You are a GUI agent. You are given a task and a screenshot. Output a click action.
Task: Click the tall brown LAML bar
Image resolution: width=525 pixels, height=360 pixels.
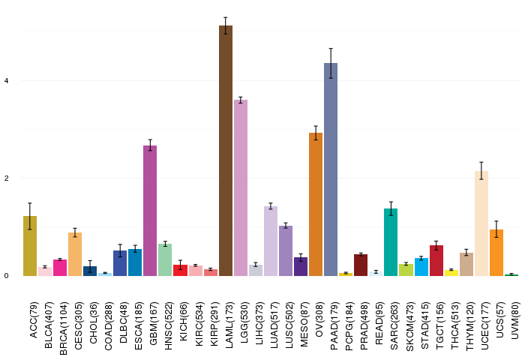226,151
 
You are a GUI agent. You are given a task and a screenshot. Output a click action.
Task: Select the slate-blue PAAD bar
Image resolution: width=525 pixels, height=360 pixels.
331,169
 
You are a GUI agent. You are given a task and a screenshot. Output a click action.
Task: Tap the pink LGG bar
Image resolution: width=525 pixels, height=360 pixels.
241,187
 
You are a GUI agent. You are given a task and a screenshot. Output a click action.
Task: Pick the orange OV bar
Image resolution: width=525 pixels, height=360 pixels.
316,204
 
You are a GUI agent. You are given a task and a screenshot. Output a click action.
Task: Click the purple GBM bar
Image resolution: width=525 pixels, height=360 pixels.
150,211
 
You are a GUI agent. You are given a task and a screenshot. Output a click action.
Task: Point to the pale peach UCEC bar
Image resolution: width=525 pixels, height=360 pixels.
481,223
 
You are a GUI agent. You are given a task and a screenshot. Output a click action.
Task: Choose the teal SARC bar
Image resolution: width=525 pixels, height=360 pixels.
391,242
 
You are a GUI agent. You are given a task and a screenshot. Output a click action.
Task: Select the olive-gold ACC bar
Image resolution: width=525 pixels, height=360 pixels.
30,246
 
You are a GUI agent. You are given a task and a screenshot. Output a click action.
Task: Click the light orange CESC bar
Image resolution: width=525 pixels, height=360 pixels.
75,254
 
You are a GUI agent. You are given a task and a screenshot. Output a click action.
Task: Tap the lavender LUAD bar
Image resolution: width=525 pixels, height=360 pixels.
271,241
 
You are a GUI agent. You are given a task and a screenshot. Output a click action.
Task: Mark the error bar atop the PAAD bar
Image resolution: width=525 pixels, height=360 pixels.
331,63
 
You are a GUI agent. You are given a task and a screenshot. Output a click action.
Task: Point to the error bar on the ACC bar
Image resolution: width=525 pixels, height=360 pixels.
30,216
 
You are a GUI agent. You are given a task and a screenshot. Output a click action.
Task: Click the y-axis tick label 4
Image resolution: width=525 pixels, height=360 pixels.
6,81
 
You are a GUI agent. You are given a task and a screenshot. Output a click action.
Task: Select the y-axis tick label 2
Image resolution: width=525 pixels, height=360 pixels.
6,178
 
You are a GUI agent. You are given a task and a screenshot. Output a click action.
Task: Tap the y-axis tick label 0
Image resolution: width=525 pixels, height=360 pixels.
6,276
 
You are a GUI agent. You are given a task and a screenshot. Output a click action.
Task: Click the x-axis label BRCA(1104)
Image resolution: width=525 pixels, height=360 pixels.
63,328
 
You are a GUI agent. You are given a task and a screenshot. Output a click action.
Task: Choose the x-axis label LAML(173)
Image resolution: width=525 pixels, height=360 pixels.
229,325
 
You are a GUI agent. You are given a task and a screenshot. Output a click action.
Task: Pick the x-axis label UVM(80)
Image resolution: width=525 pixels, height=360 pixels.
515,320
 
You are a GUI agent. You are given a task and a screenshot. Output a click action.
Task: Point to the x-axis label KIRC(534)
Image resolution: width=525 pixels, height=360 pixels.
199,325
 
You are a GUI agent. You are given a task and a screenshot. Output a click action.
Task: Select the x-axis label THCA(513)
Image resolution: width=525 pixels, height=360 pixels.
454,325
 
